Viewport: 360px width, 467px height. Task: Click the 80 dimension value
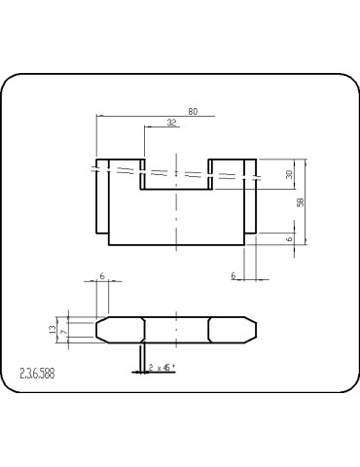tap(193, 112)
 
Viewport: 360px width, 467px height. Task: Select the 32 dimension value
tap(171, 123)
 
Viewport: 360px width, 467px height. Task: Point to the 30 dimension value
tap(289, 174)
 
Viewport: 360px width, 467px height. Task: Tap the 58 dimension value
tap(301, 202)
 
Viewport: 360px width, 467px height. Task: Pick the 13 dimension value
tap(53, 330)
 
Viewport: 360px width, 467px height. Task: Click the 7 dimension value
tap(63, 332)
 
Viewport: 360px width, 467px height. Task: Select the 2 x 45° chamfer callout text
tap(162, 368)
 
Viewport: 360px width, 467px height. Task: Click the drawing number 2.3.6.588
tap(37, 374)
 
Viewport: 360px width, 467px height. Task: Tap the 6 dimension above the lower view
tap(102, 276)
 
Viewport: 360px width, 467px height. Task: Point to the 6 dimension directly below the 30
tap(290, 238)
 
